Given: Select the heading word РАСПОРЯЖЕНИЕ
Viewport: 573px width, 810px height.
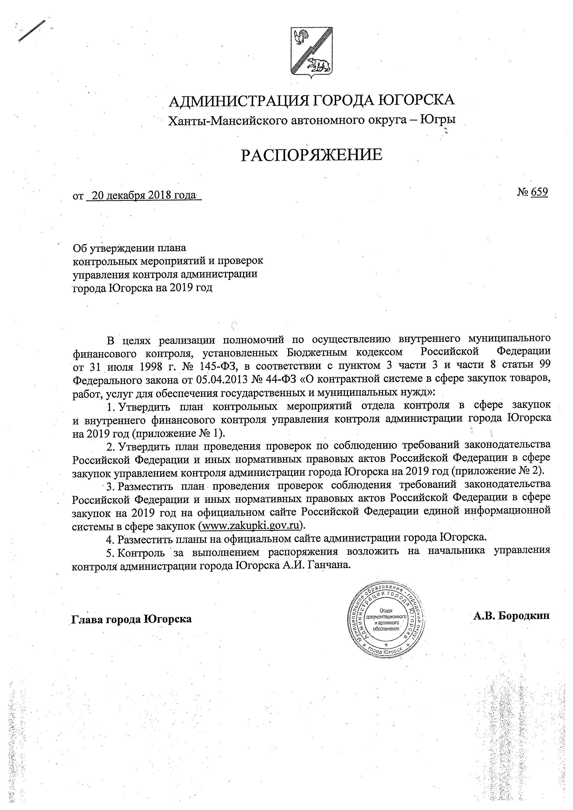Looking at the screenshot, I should pyautogui.click(x=311, y=155).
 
